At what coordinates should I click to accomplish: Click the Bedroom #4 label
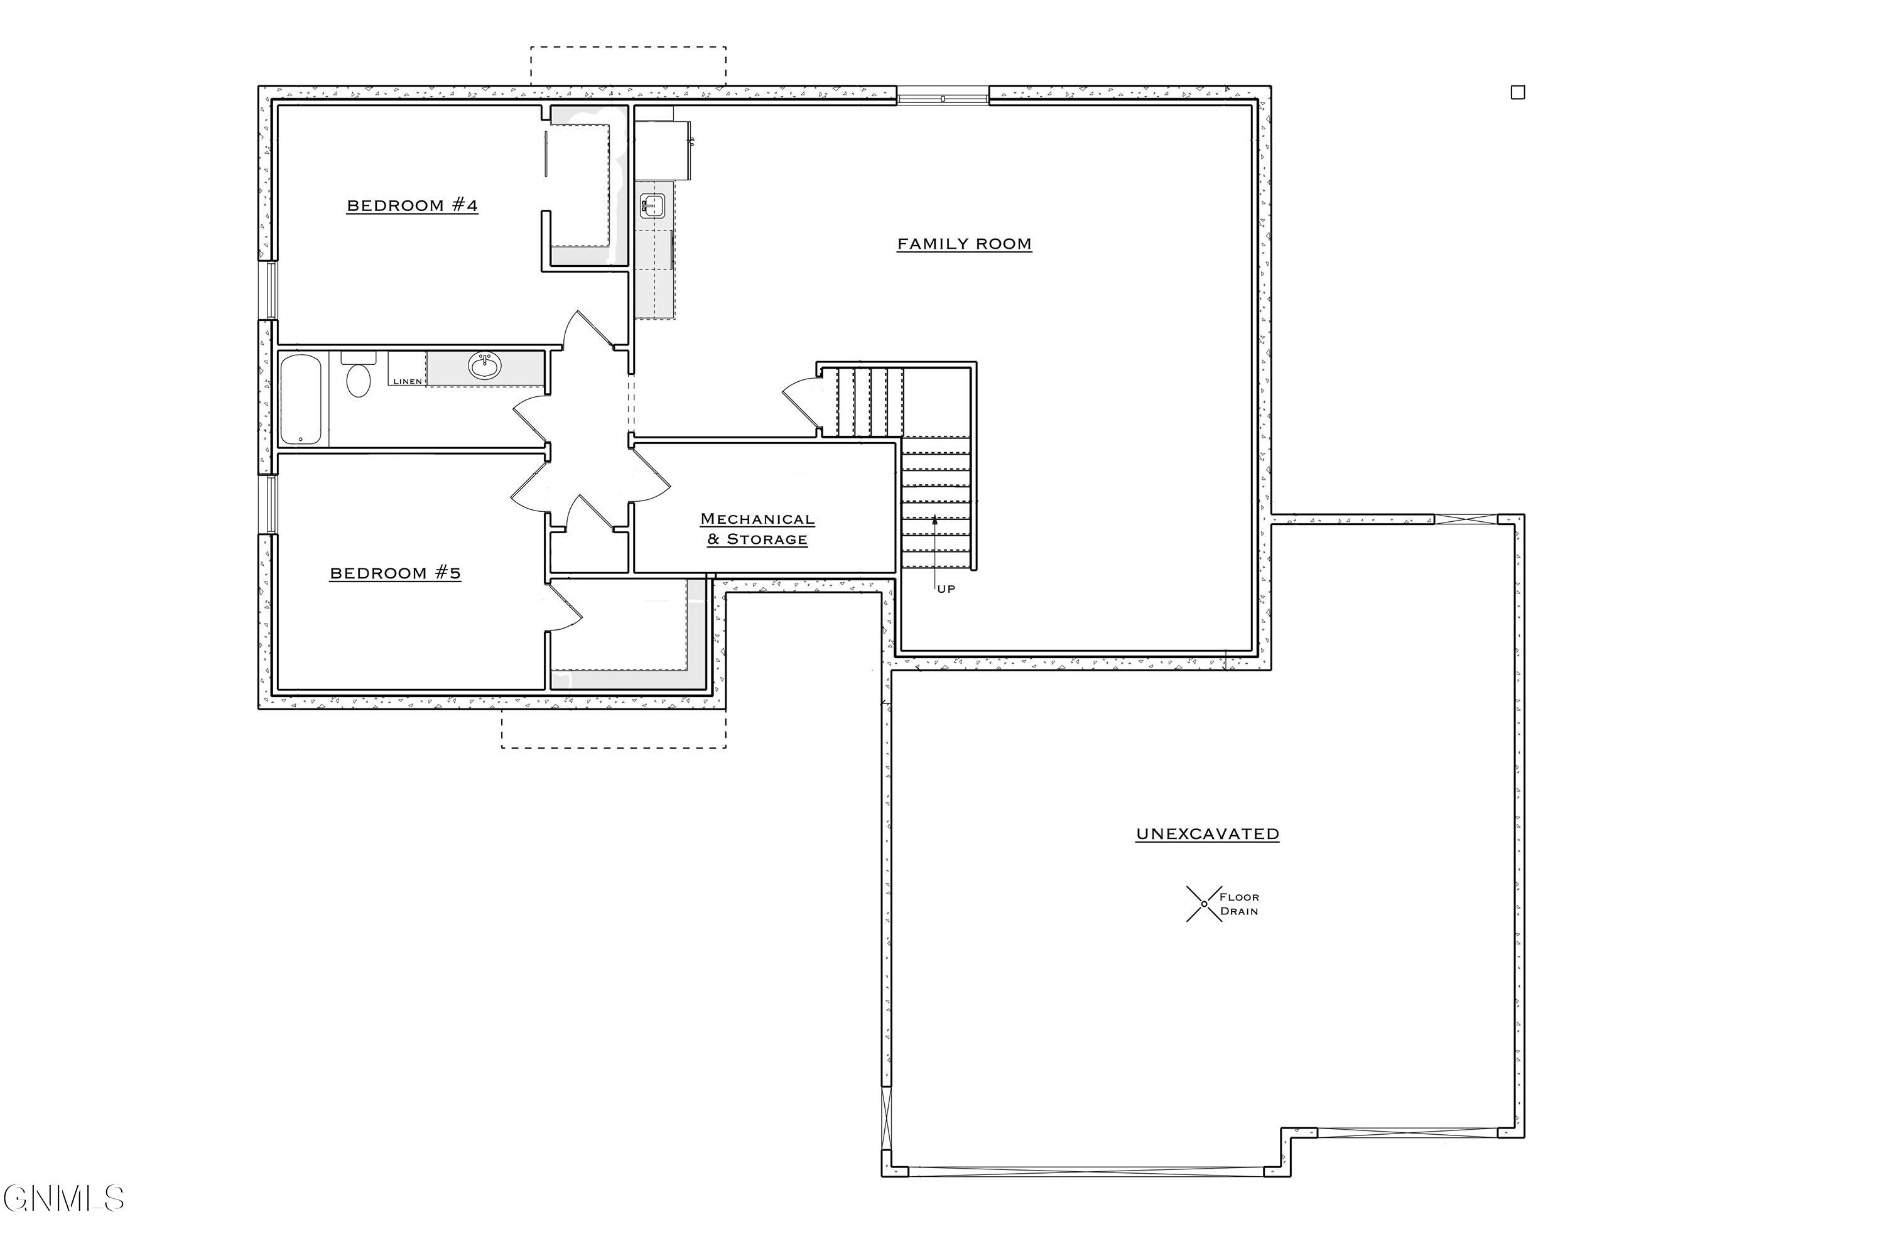point(412,206)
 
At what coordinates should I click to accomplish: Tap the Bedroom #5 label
point(395,573)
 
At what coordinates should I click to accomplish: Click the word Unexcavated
point(1207,834)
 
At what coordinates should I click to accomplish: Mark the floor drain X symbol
point(1203,904)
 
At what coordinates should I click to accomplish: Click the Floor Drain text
point(1238,904)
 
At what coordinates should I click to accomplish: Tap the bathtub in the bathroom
point(300,399)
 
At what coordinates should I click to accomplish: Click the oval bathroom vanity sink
point(485,366)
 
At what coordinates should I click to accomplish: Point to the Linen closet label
point(407,381)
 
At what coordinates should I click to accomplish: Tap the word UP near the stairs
point(946,590)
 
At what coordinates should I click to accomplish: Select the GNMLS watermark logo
point(64,1199)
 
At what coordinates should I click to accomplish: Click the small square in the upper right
point(1517,93)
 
